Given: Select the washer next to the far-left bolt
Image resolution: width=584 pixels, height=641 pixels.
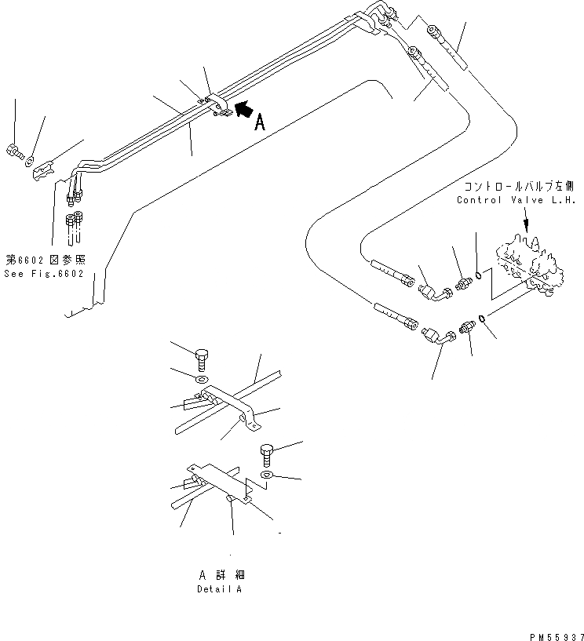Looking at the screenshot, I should [x=30, y=162].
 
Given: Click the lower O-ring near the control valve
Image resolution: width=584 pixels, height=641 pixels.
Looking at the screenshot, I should [x=484, y=317].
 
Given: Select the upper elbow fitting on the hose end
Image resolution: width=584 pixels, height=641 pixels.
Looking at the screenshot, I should [x=433, y=292].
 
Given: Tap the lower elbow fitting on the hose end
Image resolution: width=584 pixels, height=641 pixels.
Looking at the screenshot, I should [x=441, y=338].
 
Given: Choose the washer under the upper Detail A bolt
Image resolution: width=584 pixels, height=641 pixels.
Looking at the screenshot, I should [x=202, y=380].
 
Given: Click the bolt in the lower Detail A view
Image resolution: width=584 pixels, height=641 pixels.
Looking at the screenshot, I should [x=267, y=453].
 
